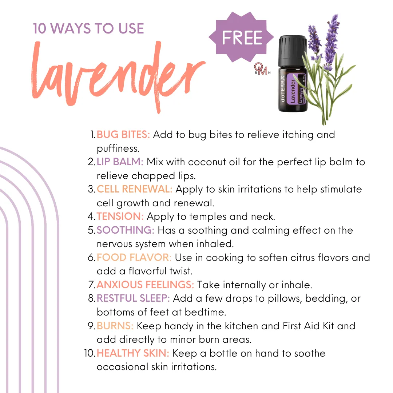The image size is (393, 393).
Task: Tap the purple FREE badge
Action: click(x=241, y=37)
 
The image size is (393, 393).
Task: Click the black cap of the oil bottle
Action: click(x=293, y=52)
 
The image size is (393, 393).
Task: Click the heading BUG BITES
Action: click(x=123, y=135)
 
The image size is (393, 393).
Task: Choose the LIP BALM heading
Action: click(x=120, y=162)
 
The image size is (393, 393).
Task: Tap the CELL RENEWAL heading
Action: click(x=134, y=189)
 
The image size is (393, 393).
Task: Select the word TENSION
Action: click(x=120, y=217)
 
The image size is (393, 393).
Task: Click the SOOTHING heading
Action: click(x=125, y=230)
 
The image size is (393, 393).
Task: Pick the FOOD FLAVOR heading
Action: click(x=134, y=257)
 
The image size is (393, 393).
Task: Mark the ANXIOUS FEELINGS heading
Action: click(x=145, y=285)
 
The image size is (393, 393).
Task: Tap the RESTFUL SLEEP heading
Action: click(x=133, y=298)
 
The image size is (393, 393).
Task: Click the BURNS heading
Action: click(x=115, y=326)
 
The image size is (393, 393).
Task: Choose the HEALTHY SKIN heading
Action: click(x=133, y=353)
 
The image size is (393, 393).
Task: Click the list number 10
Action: click(x=89, y=353)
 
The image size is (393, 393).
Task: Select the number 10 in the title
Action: click(x=40, y=28)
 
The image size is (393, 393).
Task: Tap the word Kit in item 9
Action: click(x=328, y=326)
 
